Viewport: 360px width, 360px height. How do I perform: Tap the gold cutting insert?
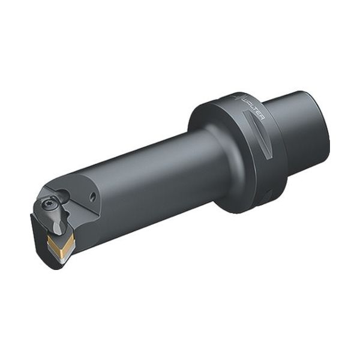60,243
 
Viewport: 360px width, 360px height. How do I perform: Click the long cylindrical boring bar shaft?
150,174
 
